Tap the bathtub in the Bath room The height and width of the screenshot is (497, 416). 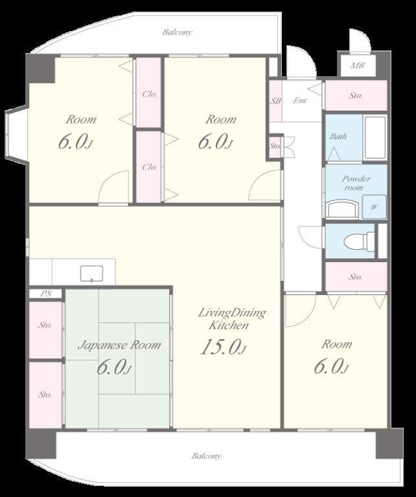[375, 138]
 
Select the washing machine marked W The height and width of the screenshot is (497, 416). [375, 207]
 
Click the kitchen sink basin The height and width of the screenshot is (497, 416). [91, 274]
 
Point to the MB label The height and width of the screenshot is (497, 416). [357, 65]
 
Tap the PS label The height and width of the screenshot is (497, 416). [46, 294]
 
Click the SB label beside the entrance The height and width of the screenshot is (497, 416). [275, 101]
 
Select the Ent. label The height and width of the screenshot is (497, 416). [300, 100]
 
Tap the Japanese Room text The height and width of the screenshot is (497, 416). [119, 345]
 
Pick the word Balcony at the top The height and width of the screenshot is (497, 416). [177, 32]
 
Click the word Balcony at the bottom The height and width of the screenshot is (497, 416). [206, 456]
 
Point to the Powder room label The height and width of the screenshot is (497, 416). [356, 183]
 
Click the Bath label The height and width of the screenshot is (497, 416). [338, 137]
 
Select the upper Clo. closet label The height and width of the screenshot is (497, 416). [150, 94]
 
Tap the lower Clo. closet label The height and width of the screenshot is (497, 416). [150, 167]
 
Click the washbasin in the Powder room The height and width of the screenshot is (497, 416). [342, 208]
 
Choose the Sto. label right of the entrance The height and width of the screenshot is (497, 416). [355, 95]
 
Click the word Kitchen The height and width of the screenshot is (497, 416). [229, 326]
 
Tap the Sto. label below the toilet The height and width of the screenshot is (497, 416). [355, 277]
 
